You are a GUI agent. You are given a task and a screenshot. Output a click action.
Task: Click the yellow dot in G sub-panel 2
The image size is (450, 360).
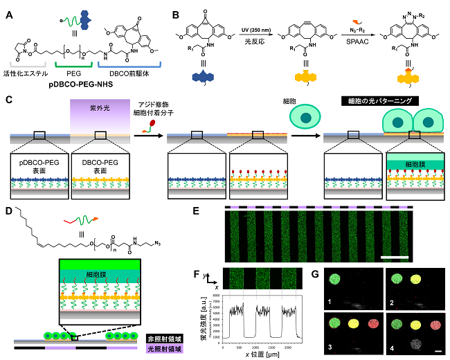(417, 280)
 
